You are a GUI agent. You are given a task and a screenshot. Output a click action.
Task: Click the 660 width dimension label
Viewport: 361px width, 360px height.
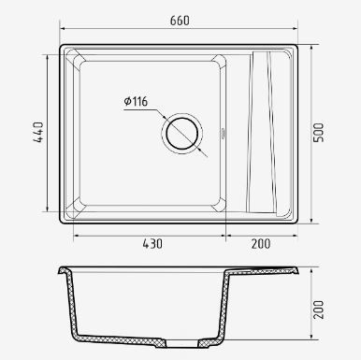pyautogui.click(x=180, y=21)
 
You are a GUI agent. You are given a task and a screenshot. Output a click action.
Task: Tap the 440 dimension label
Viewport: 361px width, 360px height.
pyautogui.click(x=38, y=133)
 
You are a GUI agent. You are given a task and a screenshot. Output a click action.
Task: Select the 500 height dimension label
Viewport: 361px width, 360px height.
pyautogui.click(x=318, y=133)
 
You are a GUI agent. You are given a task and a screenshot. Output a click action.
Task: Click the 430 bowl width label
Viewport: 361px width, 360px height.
pyautogui.click(x=152, y=244)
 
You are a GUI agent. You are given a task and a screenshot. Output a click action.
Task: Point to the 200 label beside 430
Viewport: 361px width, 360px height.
pyautogui.click(x=261, y=244)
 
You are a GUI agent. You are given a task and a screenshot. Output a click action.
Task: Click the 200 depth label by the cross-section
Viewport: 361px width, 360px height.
pyautogui.click(x=318, y=310)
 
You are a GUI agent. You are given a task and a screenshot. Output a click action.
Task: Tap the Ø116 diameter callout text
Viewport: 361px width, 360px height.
pyautogui.click(x=136, y=101)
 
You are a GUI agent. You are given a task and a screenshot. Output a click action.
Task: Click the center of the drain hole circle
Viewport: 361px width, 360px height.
pyautogui.click(x=182, y=134)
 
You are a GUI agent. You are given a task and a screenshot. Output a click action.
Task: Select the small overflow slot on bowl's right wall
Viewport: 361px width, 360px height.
pyautogui.click(x=223, y=134)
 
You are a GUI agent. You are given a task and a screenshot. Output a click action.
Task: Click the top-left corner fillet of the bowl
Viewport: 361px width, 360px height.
pyautogui.click(x=76, y=60)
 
